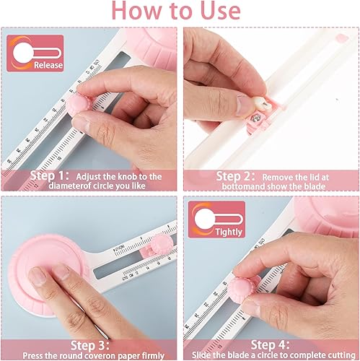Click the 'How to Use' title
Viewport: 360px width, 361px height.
[180, 12]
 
